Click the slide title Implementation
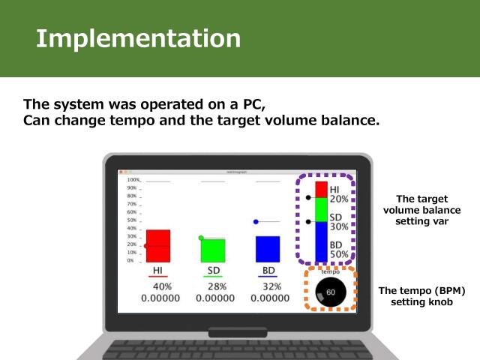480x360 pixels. click(139, 38)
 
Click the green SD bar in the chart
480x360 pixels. click(213, 249)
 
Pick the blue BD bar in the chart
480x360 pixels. click(268, 248)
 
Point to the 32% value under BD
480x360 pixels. click(271, 286)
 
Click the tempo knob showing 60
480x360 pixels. click(331, 291)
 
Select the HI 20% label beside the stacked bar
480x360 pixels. click(339, 195)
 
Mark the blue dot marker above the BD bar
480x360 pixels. click(256, 222)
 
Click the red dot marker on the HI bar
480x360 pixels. click(145, 245)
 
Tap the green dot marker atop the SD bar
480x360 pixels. click(201, 238)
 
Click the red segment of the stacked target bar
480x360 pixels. click(321, 189)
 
